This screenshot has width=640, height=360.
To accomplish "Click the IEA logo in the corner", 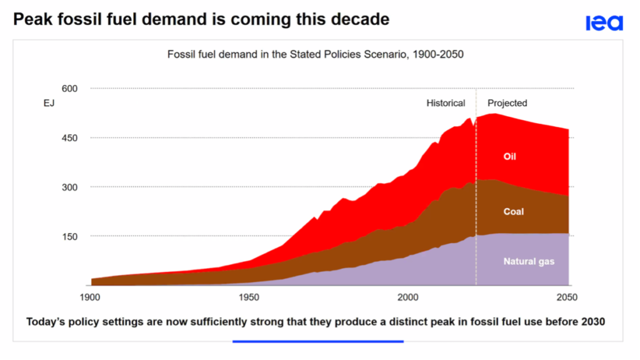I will pyautogui.click(x=604, y=23).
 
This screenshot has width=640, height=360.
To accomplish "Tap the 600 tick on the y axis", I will pyautogui.click(x=69, y=89).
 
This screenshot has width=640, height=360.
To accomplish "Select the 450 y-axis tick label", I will pyautogui.click(x=69, y=138).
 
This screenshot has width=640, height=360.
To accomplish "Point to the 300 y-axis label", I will pyautogui.click(x=69, y=187).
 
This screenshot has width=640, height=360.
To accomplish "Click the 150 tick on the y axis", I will pyautogui.click(x=69, y=236).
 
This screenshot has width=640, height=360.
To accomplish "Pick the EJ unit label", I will pyautogui.click(x=49, y=104).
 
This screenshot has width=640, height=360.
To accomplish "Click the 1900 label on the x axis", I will pyautogui.click(x=91, y=297).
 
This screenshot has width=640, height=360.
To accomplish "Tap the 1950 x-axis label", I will pyautogui.click(x=249, y=297).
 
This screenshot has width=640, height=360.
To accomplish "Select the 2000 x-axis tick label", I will pyautogui.click(x=408, y=297).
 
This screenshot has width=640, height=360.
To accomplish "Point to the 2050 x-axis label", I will pyautogui.click(x=567, y=297).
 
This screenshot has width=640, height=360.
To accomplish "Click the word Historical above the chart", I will pyautogui.click(x=446, y=103).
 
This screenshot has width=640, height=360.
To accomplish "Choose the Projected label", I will pyautogui.click(x=507, y=103).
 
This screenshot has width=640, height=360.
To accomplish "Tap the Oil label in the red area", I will pyautogui.click(x=510, y=156).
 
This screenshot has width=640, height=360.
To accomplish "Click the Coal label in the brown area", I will pyautogui.click(x=514, y=212).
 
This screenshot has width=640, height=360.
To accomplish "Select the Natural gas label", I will pyautogui.click(x=529, y=261).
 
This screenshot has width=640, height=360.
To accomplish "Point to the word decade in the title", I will pyautogui.click(x=361, y=20).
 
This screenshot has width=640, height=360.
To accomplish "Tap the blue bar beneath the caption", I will pyautogui.click(x=317, y=341).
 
